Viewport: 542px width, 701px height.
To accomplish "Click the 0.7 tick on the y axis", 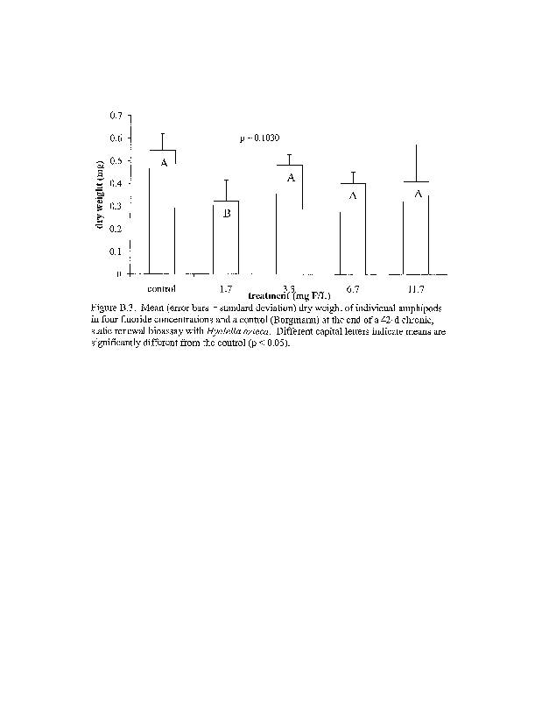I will click(x=116, y=116).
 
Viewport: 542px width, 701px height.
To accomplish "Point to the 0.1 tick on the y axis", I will click(x=116, y=251).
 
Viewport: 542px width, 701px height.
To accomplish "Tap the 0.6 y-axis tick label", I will click(x=116, y=138).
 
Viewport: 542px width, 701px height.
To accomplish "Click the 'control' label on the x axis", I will click(x=162, y=287).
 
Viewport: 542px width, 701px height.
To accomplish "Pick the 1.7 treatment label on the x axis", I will click(x=225, y=287).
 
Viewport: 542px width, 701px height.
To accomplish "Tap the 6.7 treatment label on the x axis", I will click(x=352, y=287).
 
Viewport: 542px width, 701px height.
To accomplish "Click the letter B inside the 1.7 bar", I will click(x=226, y=214).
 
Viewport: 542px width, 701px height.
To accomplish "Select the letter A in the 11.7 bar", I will click(x=418, y=194).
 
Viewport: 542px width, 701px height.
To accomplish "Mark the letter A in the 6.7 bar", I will click(x=353, y=195).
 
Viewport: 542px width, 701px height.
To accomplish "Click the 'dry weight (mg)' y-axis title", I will click(x=102, y=199).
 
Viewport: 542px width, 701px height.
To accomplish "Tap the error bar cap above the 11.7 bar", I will click(x=416, y=145).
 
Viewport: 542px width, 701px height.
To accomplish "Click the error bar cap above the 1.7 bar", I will click(x=226, y=181).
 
